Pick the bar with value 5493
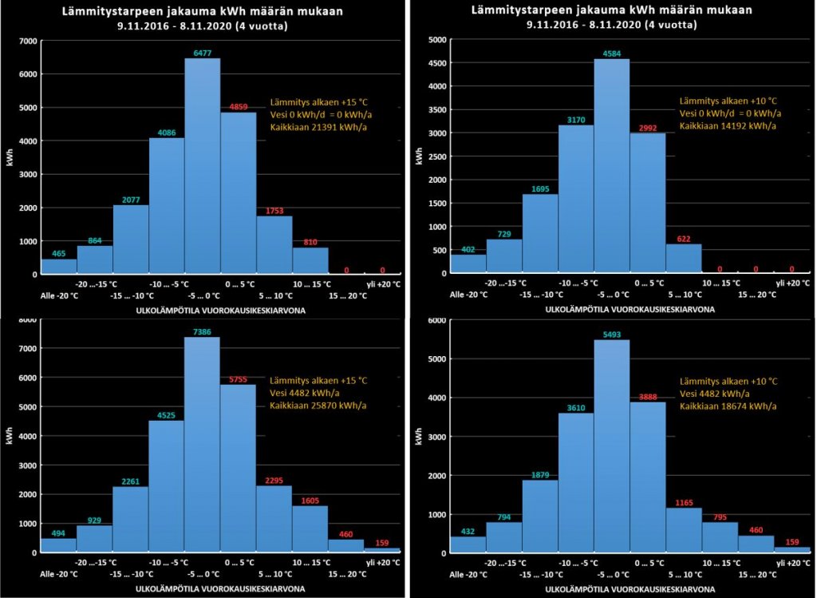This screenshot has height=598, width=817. click(612, 446)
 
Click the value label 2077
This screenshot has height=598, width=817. click(131, 199)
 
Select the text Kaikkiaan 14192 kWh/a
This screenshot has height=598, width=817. click(728, 126)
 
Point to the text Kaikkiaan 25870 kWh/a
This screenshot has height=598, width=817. click(318, 406)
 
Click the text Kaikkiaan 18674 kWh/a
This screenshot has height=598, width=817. click(728, 406)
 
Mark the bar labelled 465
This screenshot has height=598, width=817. click(59, 267)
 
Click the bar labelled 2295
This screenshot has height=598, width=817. click(274, 519)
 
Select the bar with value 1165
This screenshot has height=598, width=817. click(684, 530)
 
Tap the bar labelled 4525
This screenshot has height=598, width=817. click(167, 486)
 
